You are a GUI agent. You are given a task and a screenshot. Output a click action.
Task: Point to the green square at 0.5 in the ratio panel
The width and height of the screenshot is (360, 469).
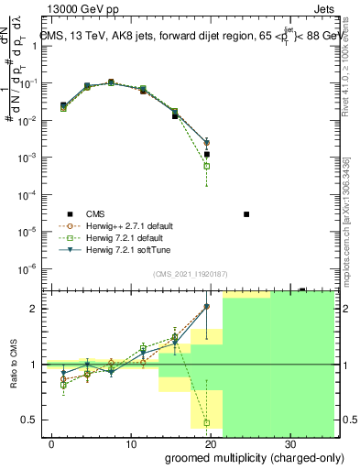(207, 423)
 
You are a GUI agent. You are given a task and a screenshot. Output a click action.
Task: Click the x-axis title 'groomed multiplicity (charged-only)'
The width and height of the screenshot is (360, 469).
(249, 456)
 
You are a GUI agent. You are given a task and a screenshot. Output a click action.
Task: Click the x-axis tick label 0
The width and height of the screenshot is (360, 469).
(52, 443)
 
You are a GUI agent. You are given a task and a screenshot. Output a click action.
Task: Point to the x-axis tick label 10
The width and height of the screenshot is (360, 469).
(130, 443)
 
